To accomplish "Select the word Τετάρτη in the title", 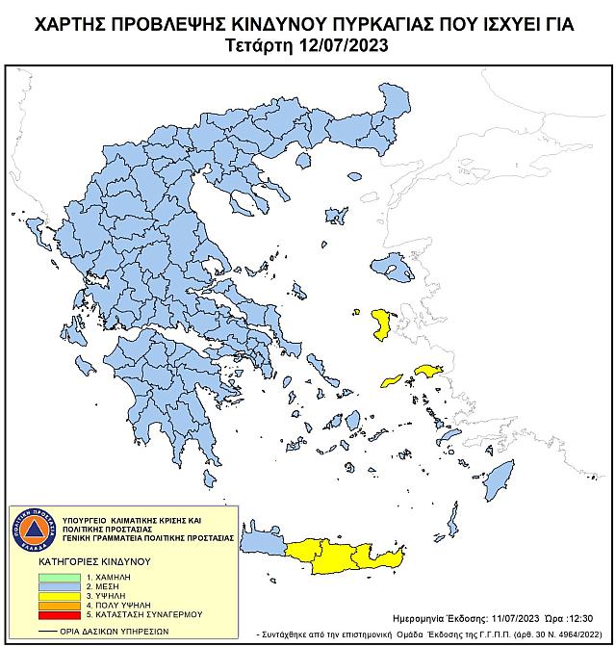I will pyautogui.click(x=261, y=45).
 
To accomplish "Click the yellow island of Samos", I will pyautogui.click(x=425, y=370).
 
